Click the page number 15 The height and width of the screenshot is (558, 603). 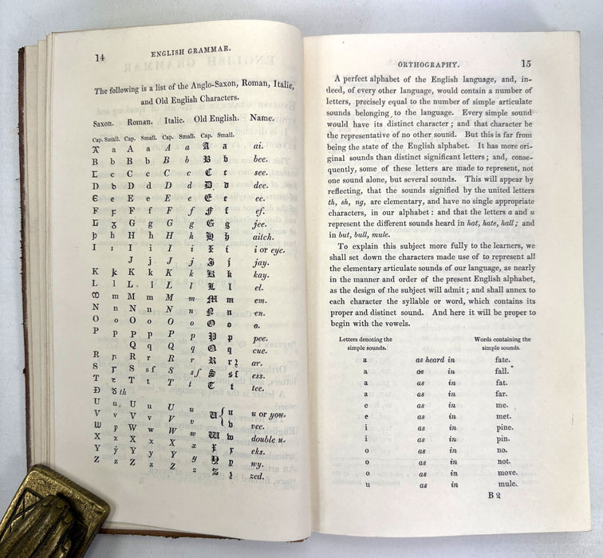coord(526,63)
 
